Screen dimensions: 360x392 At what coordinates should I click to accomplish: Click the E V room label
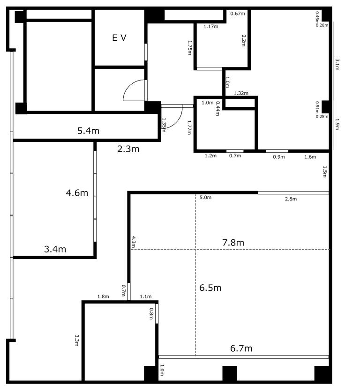(119, 38)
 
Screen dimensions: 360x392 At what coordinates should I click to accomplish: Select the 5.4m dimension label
(88, 131)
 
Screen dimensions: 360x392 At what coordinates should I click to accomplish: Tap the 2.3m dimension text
(128, 149)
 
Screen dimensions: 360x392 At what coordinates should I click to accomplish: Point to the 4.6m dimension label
(77, 193)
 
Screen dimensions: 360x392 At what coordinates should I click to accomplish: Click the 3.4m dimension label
(55, 249)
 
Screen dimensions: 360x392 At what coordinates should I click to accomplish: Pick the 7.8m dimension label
(233, 243)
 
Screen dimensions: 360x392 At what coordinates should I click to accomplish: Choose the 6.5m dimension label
(210, 288)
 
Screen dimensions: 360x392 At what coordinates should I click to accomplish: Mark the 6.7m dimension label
(241, 348)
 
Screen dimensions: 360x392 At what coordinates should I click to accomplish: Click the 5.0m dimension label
(205, 198)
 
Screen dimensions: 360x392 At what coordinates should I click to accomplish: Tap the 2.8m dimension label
(291, 199)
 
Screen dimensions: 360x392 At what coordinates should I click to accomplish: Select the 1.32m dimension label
(241, 93)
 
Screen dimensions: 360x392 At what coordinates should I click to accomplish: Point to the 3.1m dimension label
(337, 65)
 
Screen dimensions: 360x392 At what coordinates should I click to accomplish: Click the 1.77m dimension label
(189, 127)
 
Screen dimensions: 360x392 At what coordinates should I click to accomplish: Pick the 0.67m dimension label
(238, 14)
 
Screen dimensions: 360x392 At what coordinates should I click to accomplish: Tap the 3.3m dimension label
(77, 340)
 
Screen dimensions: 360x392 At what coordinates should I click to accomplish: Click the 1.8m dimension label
(103, 297)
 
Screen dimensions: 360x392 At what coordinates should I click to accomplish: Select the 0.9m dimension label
(279, 157)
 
